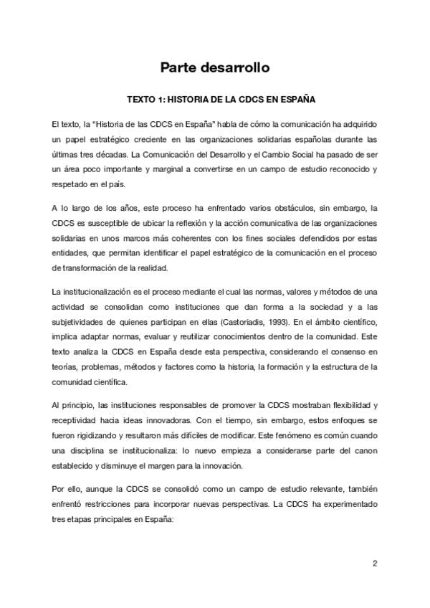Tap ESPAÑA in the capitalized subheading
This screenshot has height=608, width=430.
(x=297, y=100)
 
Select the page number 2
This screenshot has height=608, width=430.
(x=374, y=564)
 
